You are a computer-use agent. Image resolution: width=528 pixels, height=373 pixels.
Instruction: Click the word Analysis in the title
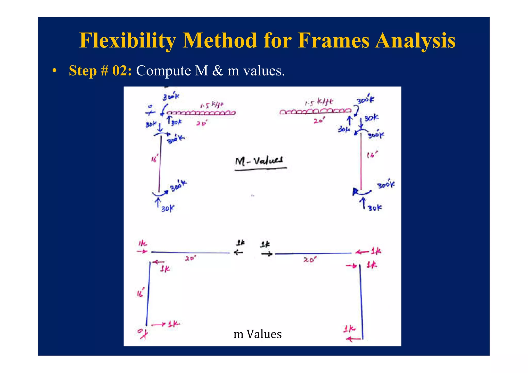click(x=415, y=41)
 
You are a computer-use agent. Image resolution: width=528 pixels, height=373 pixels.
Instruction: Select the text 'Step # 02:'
click(x=100, y=70)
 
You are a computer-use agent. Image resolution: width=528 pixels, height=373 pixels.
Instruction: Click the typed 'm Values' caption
click(x=257, y=334)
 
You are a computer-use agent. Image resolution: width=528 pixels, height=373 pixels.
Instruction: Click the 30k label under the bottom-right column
click(x=375, y=208)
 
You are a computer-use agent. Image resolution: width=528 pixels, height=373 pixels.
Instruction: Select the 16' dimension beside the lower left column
click(x=141, y=293)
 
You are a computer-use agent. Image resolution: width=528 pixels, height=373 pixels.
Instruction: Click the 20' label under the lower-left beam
click(x=191, y=258)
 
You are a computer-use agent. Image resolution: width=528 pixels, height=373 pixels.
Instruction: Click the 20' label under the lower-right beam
click(x=309, y=260)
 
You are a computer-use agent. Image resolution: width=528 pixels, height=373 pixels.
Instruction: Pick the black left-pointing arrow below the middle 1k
click(x=238, y=252)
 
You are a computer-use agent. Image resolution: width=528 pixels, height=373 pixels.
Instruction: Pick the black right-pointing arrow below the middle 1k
click(x=267, y=254)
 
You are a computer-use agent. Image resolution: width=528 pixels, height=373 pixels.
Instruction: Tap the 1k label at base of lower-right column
click(x=350, y=329)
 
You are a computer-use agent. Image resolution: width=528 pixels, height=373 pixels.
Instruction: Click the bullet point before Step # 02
click(x=54, y=71)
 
